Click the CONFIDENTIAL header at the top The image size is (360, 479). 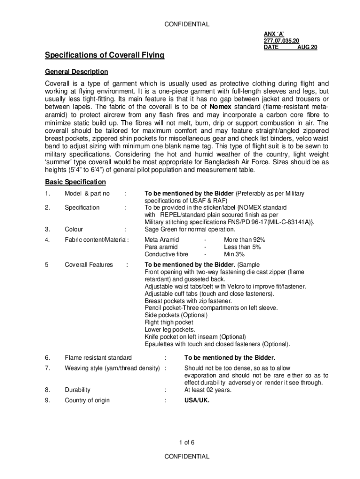tap(187, 24)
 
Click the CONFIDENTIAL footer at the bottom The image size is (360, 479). tap(187, 457)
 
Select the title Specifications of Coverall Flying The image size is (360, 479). tap(104, 56)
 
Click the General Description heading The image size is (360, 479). tap(76, 72)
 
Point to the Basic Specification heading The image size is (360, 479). tap(75, 182)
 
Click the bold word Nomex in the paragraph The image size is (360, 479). tap(221, 106)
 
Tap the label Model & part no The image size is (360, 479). tap(87, 194)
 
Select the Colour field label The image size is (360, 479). tap(74, 229)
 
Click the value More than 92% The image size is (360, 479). tap(245, 240)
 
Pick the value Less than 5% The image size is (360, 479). tap(242, 247)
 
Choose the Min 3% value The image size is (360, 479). tap(234, 254)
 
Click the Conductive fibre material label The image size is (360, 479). tap(166, 254)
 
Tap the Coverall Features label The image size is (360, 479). tap(89, 265)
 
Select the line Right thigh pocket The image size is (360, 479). tap(169, 322)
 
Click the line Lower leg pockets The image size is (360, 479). tap(170, 329)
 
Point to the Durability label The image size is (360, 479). tap(78, 390)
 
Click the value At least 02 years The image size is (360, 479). tap(208, 390)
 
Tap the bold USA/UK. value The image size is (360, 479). tap(197, 400)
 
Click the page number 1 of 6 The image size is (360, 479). tap(187, 442)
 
